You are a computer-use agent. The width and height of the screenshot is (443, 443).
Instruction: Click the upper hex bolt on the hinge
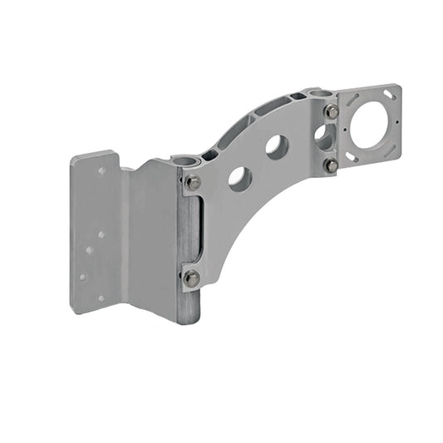tap(192, 183)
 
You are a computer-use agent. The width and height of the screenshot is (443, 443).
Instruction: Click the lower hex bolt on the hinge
tap(191, 278)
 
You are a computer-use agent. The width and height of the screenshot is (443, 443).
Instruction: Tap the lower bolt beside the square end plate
tap(331, 165)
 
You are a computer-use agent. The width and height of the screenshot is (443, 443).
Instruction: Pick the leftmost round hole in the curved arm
tap(239, 179)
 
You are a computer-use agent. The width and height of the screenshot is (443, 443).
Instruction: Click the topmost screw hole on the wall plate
tap(101, 170)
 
